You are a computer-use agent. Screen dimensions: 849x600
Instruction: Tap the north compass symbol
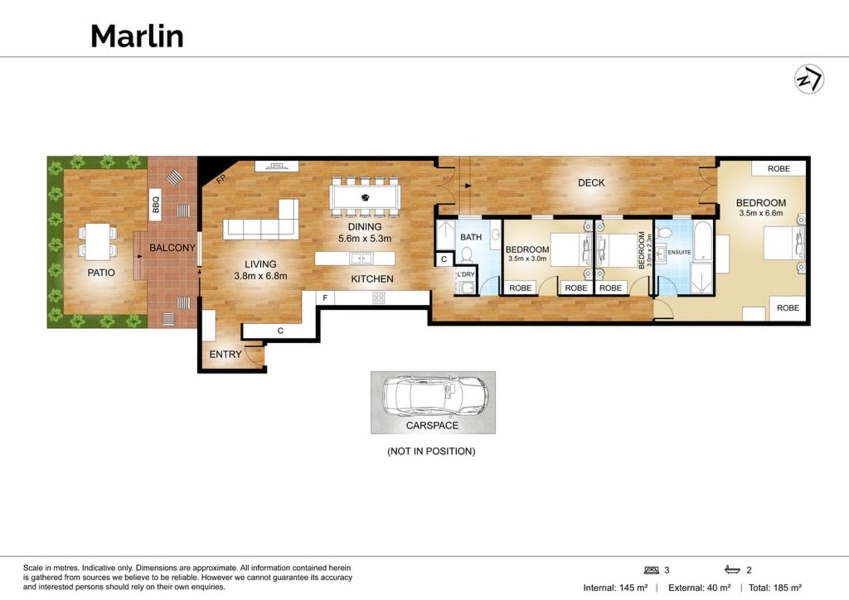(x=809, y=79)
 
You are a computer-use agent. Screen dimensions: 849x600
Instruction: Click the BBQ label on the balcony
(x=155, y=205)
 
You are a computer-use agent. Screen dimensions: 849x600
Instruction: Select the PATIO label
(x=101, y=273)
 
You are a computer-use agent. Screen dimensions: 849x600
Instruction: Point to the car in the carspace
(x=435, y=396)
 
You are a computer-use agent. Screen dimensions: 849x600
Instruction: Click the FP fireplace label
(x=221, y=179)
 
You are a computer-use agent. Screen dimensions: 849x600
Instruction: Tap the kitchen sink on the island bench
(x=361, y=258)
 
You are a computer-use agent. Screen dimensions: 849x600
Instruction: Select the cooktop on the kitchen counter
(x=379, y=298)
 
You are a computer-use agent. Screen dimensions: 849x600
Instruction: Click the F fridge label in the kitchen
(x=325, y=298)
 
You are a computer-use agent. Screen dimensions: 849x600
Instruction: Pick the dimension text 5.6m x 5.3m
(x=365, y=239)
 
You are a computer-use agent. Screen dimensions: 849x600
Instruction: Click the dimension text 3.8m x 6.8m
(x=260, y=276)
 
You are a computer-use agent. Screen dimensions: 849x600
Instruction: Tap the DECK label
(x=591, y=182)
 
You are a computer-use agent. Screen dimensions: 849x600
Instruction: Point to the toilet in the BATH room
(x=467, y=255)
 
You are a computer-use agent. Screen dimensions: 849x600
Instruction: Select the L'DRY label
(x=466, y=274)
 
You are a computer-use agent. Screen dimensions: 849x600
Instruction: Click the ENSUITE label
(x=679, y=252)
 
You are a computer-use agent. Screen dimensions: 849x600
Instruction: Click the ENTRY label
(x=225, y=354)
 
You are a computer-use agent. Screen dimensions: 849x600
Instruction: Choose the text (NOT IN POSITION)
(x=431, y=451)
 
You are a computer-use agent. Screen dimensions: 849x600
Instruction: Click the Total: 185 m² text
(x=775, y=588)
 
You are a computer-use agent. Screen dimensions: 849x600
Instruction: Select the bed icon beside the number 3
(x=652, y=570)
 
